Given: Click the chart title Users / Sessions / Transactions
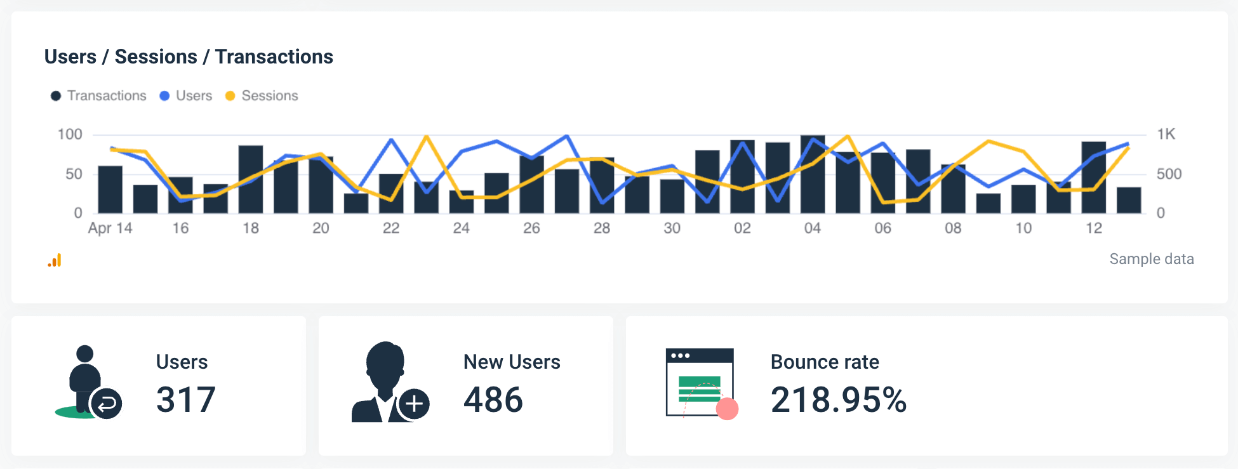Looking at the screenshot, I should [x=189, y=56].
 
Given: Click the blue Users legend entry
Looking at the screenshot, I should [x=185, y=96].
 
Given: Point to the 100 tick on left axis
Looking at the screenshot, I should [x=70, y=135].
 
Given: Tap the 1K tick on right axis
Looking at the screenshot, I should [x=1166, y=135].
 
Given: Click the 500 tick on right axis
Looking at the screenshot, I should [x=1168, y=174].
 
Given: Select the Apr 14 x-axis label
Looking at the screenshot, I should [x=110, y=228].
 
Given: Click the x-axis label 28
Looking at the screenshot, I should [x=601, y=228].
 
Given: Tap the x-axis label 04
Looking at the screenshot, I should [x=812, y=228].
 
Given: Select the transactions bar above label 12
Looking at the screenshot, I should [x=1093, y=178].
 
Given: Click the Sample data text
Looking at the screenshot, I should [x=1151, y=259].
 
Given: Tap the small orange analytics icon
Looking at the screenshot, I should [x=55, y=260].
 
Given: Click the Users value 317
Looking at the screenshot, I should [x=186, y=400].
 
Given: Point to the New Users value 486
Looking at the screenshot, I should [x=493, y=400].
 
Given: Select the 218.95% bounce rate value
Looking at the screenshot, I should [x=838, y=400].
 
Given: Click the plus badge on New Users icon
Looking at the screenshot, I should [x=414, y=404].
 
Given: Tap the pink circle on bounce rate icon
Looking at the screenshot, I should [x=727, y=409].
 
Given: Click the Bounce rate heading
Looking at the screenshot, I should [x=824, y=362].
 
